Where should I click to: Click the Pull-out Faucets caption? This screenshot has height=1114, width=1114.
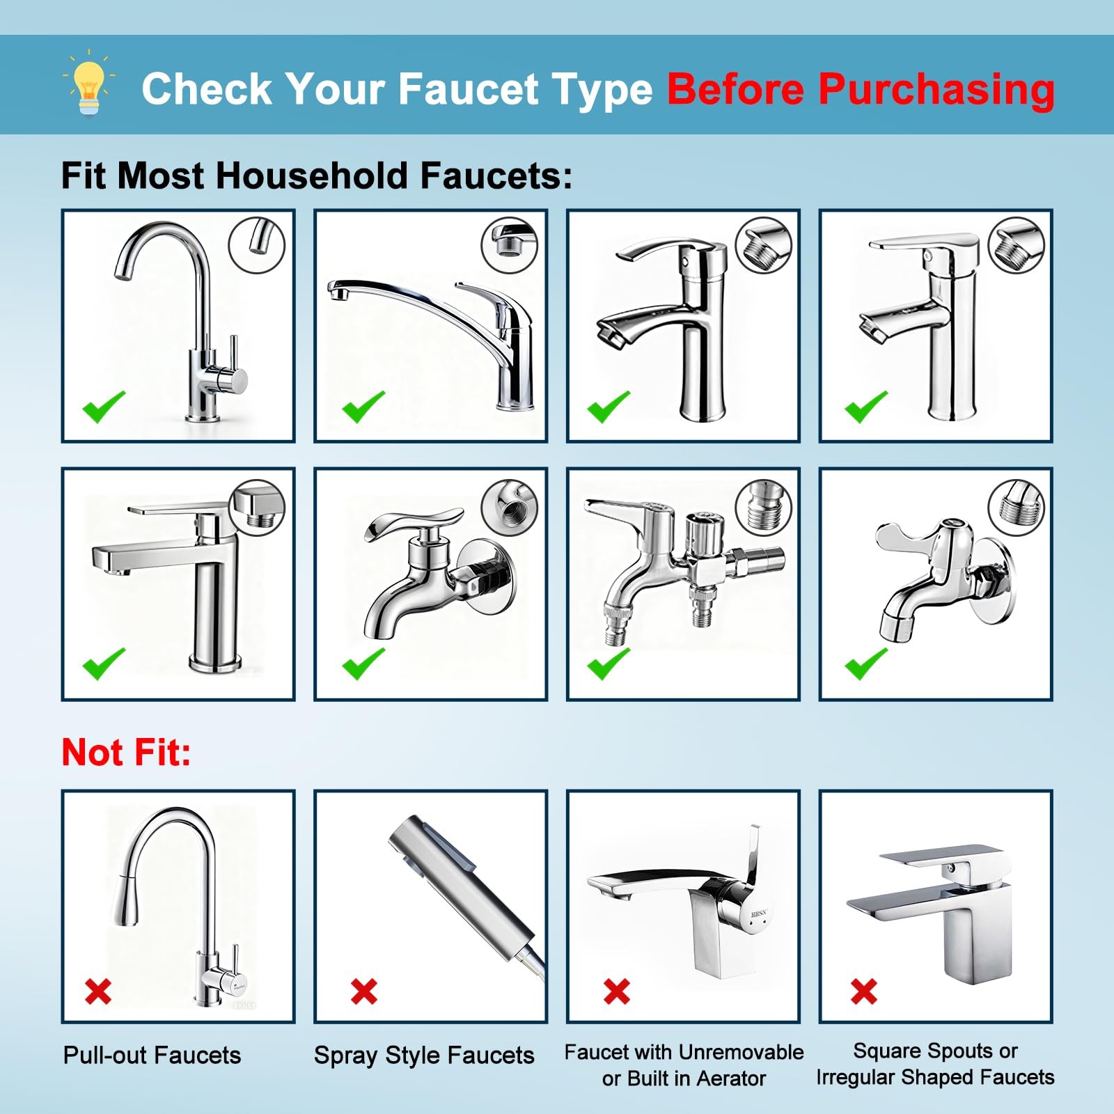(x=152, y=1055)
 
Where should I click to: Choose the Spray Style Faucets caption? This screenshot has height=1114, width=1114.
(x=424, y=1055)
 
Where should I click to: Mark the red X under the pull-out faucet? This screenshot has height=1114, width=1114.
(x=98, y=991)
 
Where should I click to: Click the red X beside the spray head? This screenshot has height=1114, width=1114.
(x=364, y=991)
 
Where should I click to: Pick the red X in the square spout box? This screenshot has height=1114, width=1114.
(x=864, y=991)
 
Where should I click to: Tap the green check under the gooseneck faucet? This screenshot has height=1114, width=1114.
(x=104, y=407)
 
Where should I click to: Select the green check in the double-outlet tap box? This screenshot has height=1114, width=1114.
(x=609, y=663)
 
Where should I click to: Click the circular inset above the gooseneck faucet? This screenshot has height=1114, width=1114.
(x=257, y=245)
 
